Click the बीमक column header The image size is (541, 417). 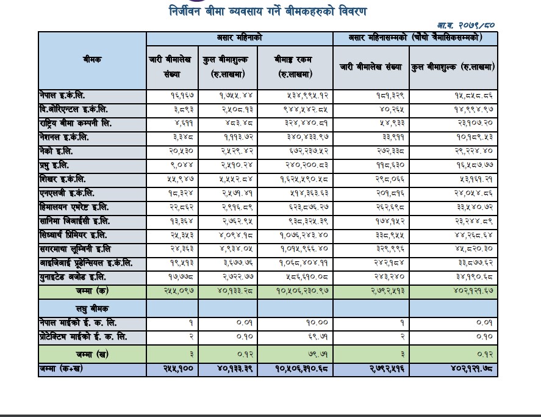tap(92, 60)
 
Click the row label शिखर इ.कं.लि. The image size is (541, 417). tap(62, 179)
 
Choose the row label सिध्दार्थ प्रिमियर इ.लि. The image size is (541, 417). tap(73, 235)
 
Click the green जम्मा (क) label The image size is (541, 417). tap(92, 292)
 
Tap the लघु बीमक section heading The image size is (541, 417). tap(92, 309)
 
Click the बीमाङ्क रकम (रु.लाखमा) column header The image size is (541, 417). tap(295, 67)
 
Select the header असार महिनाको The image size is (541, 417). tap(239, 38)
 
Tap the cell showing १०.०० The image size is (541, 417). tap(317, 322)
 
